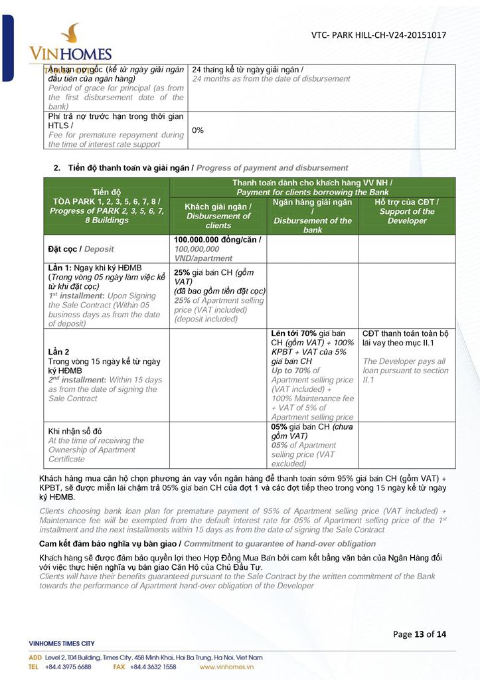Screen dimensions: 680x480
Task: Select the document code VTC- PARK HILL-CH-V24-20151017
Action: click(378, 35)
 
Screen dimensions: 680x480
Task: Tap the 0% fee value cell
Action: click(198, 130)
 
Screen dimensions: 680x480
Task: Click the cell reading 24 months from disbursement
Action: click(271, 74)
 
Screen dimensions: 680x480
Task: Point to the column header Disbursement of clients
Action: click(218, 216)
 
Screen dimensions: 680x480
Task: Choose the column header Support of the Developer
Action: click(406, 211)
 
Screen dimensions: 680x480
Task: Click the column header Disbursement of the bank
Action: click(312, 216)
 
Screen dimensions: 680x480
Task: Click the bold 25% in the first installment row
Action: click(182, 272)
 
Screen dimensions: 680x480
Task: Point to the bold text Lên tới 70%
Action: click(292, 333)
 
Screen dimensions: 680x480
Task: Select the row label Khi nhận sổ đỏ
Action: click(75, 431)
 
